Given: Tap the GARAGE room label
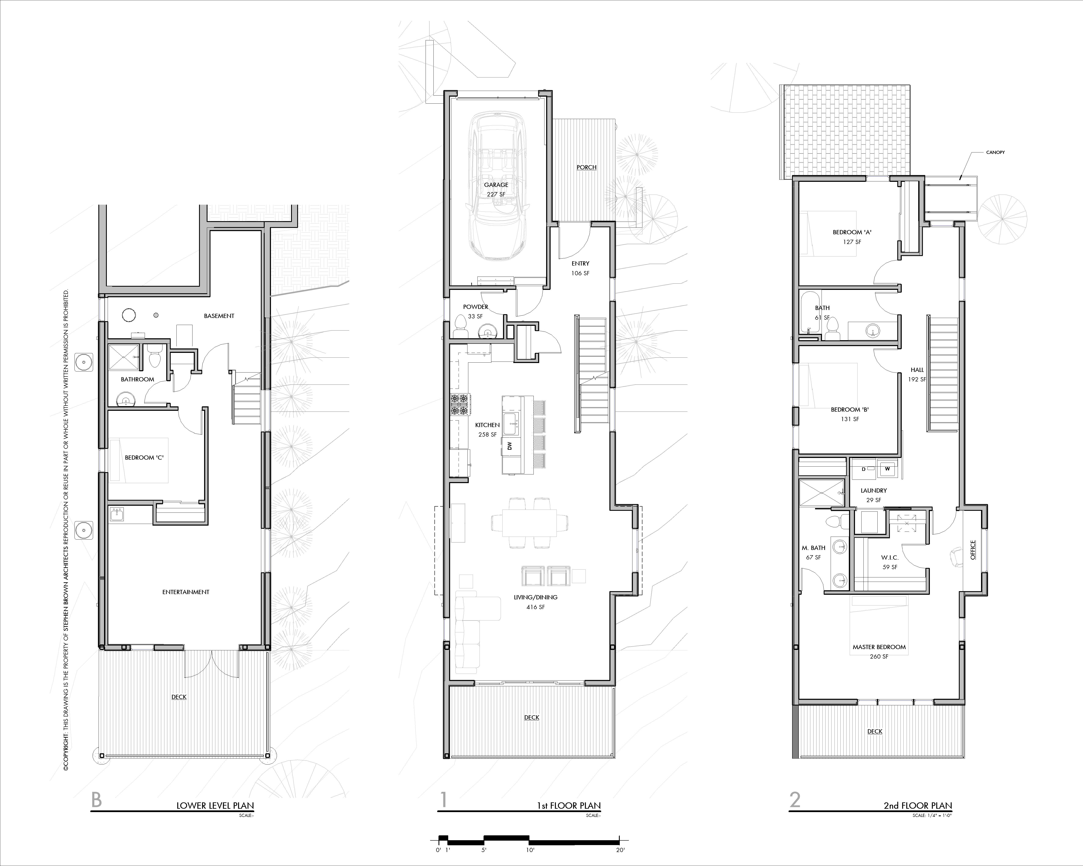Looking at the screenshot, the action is pyautogui.click(x=496, y=185).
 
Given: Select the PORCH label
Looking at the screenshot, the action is pyautogui.click(x=586, y=167).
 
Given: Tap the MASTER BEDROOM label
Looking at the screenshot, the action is pyautogui.click(x=879, y=647).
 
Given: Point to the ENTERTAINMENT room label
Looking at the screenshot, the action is pyautogui.click(x=186, y=592).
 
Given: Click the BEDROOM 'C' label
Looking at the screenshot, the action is pyautogui.click(x=144, y=457).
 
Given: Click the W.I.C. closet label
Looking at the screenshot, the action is pyautogui.click(x=890, y=557).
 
